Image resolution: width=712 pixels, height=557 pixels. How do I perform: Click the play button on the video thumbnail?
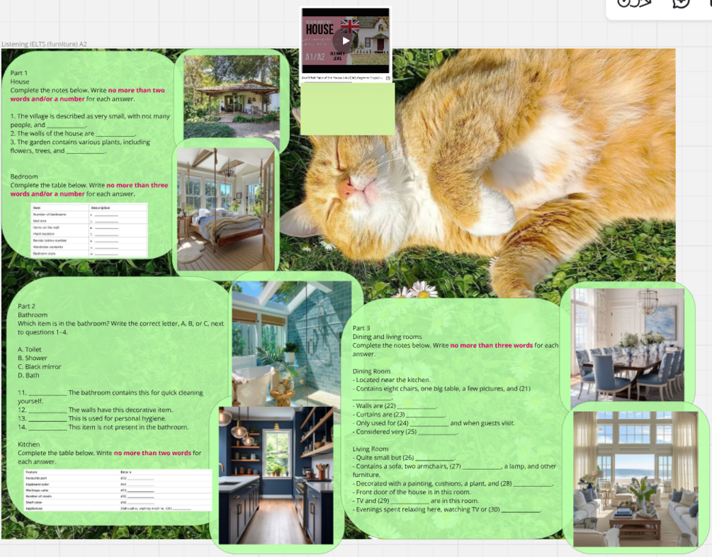click(x=346, y=40)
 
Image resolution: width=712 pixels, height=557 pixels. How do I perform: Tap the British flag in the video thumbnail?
click(x=350, y=26)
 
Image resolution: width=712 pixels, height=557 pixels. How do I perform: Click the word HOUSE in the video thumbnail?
click(x=320, y=30)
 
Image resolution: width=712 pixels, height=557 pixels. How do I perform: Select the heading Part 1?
click(x=19, y=73)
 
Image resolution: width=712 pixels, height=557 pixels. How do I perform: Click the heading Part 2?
click(x=26, y=306)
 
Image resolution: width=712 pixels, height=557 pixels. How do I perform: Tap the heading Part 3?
click(x=361, y=328)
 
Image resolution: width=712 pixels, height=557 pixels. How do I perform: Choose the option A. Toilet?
click(x=30, y=349)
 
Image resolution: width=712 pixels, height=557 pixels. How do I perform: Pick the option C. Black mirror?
click(x=39, y=367)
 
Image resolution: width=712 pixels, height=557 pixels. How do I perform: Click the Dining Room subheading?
click(x=371, y=371)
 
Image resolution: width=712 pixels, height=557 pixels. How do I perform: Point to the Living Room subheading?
click(x=371, y=449)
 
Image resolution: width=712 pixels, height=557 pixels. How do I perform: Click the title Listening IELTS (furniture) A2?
click(x=44, y=44)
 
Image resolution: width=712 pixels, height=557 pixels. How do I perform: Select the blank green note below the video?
click(x=347, y=110)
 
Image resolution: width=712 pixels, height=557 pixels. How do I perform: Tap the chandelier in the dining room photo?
click(x=647, y=303)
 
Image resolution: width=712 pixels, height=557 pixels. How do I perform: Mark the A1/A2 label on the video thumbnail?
click(x=315, y=57)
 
